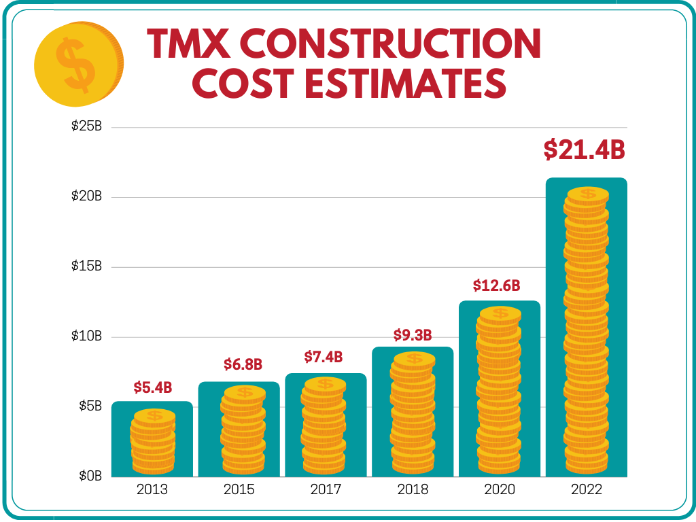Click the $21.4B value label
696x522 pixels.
(x=584, y=150)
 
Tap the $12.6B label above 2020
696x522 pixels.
(x=500, y=285)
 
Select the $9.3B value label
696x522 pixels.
(x=413, y=335)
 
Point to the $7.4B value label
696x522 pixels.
(x=323, y=357)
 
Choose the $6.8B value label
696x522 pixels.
(x=243, y=364)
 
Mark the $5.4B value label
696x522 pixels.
(x=152, y=388)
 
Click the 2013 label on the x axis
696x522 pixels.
(x=152, y=489)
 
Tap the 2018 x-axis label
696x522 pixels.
(x=412, y=489)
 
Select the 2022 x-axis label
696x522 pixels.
(x=587, y=489)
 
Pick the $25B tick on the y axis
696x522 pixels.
(x=86, y=127)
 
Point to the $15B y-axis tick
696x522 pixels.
(x=86, y=266)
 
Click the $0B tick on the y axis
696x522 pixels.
(x=88, y=476)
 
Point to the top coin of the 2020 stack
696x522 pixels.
(x=500, y=313)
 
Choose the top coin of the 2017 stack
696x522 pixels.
(x=325, y=384)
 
